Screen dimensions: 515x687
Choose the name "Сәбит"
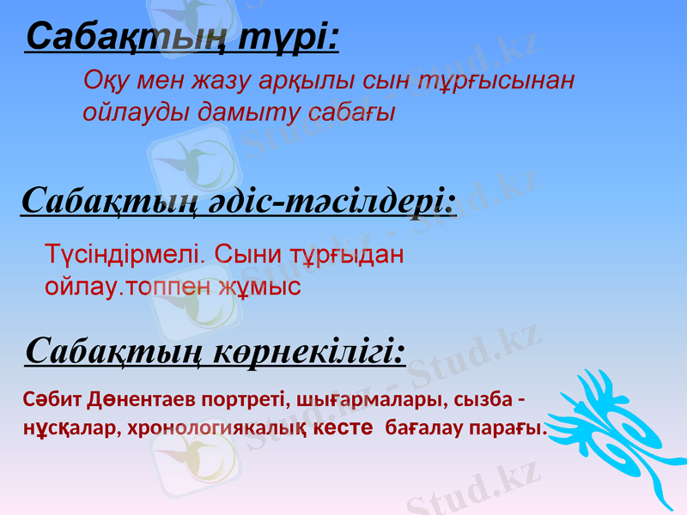point(53,399)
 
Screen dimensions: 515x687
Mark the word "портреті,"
point(247,399)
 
